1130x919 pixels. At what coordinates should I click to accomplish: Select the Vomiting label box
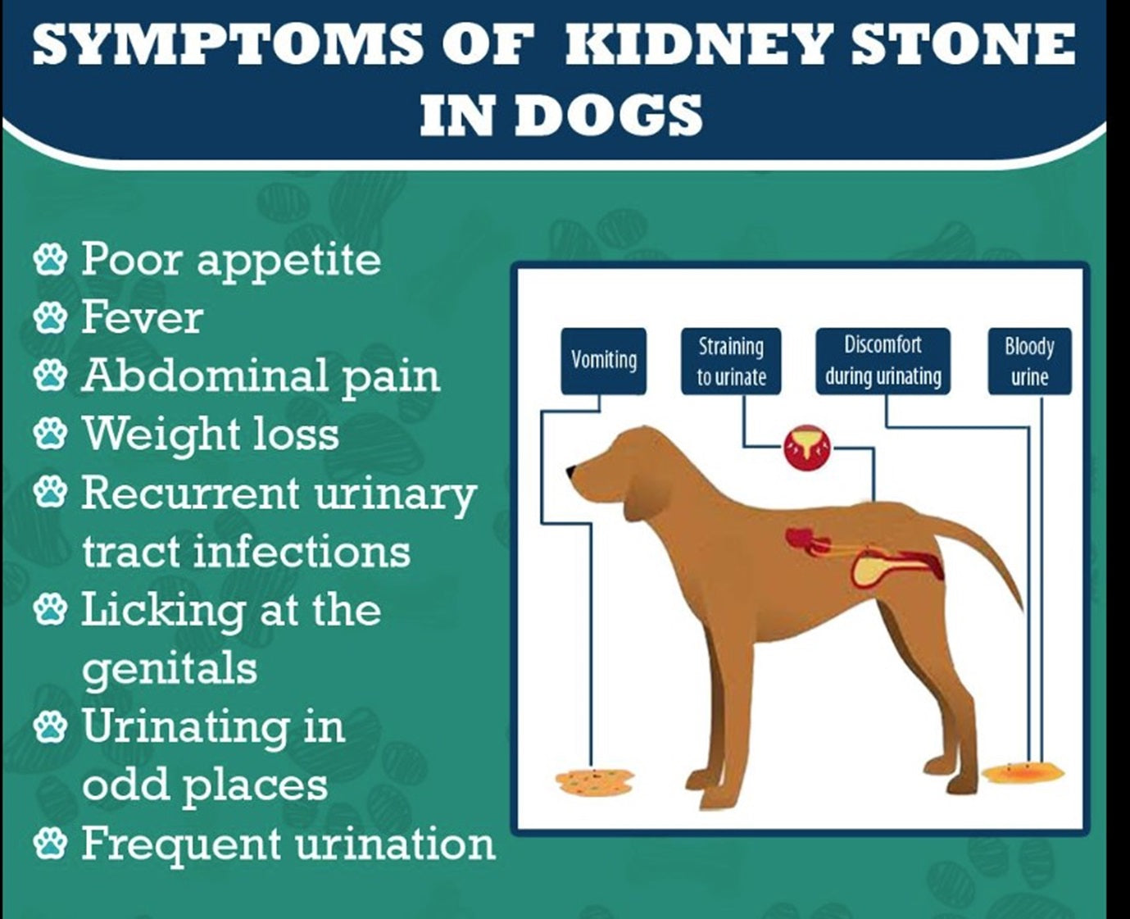tap(604, 362)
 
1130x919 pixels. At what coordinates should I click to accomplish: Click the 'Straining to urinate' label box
tap(731, 362)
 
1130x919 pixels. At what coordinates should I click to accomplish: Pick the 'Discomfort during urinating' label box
tap(883, 362)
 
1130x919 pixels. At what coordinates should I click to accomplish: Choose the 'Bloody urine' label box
tap(1029, 362)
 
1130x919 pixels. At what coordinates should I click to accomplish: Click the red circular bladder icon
tap(806, 448)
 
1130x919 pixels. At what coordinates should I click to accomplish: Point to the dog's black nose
tap(571, 470)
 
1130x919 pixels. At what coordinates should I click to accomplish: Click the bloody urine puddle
tap(1023, 772)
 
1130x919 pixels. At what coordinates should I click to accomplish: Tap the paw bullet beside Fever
tap(51, 317)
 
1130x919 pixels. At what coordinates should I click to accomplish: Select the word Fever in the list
tap(143, 317)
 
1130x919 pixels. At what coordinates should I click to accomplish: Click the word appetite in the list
tap(289, 261)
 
